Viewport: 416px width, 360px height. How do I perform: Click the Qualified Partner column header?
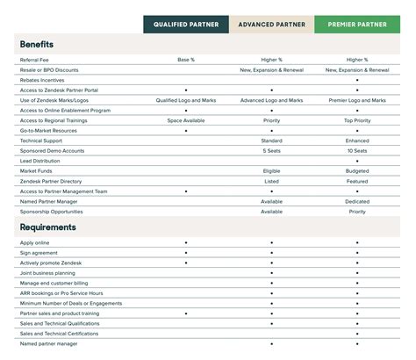[186, 25]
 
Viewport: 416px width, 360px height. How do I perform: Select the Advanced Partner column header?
[271, 25]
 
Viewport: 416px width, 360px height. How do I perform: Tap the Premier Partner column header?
[357, 25]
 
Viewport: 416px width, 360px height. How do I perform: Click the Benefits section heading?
[36, 43]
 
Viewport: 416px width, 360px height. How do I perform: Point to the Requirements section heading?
[47, 227]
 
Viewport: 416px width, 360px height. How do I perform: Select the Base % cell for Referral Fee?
[186, 60]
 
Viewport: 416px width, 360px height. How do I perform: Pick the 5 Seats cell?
[271, 150]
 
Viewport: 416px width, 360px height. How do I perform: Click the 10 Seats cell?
[357, 150]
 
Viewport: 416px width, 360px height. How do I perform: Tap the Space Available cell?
[186, 120]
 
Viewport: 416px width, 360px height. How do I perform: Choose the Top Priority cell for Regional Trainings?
[357, 120]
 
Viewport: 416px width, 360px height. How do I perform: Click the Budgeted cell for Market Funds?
[357, 171]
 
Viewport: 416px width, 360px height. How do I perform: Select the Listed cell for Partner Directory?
[271, 181]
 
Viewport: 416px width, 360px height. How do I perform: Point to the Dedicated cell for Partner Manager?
[357, 201]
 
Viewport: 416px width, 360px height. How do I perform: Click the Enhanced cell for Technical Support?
[357, 140]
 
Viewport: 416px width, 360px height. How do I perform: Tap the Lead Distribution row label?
[39, 161]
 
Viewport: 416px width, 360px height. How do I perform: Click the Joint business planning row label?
[47, 273]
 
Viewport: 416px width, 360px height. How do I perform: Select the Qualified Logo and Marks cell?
[186, 100]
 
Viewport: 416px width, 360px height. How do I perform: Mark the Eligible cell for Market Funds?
[271, 171]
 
